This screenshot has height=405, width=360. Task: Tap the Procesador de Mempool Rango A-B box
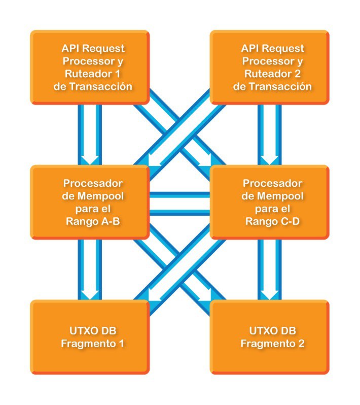point(90,201)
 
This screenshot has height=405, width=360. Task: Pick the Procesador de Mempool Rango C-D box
point(270,201)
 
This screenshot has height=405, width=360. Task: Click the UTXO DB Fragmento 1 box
point(90,337)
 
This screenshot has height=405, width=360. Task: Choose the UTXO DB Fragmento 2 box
point(270,337)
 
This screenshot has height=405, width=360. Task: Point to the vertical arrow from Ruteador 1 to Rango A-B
point(90,134)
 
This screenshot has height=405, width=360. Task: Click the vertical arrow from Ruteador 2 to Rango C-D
point(269,134)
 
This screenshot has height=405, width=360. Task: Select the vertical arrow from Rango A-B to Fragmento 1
point(90,269)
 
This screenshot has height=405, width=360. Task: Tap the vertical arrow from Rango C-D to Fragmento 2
point(269,269)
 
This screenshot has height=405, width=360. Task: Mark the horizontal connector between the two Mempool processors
point(179,202)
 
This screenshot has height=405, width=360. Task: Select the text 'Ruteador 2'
point(273,74)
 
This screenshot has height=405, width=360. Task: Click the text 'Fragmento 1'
point(93,344)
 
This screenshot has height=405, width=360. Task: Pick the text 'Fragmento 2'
point(273,344)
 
